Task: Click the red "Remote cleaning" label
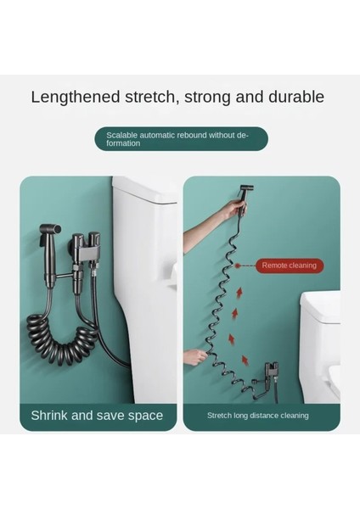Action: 289,266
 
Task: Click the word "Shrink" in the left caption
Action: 51,415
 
